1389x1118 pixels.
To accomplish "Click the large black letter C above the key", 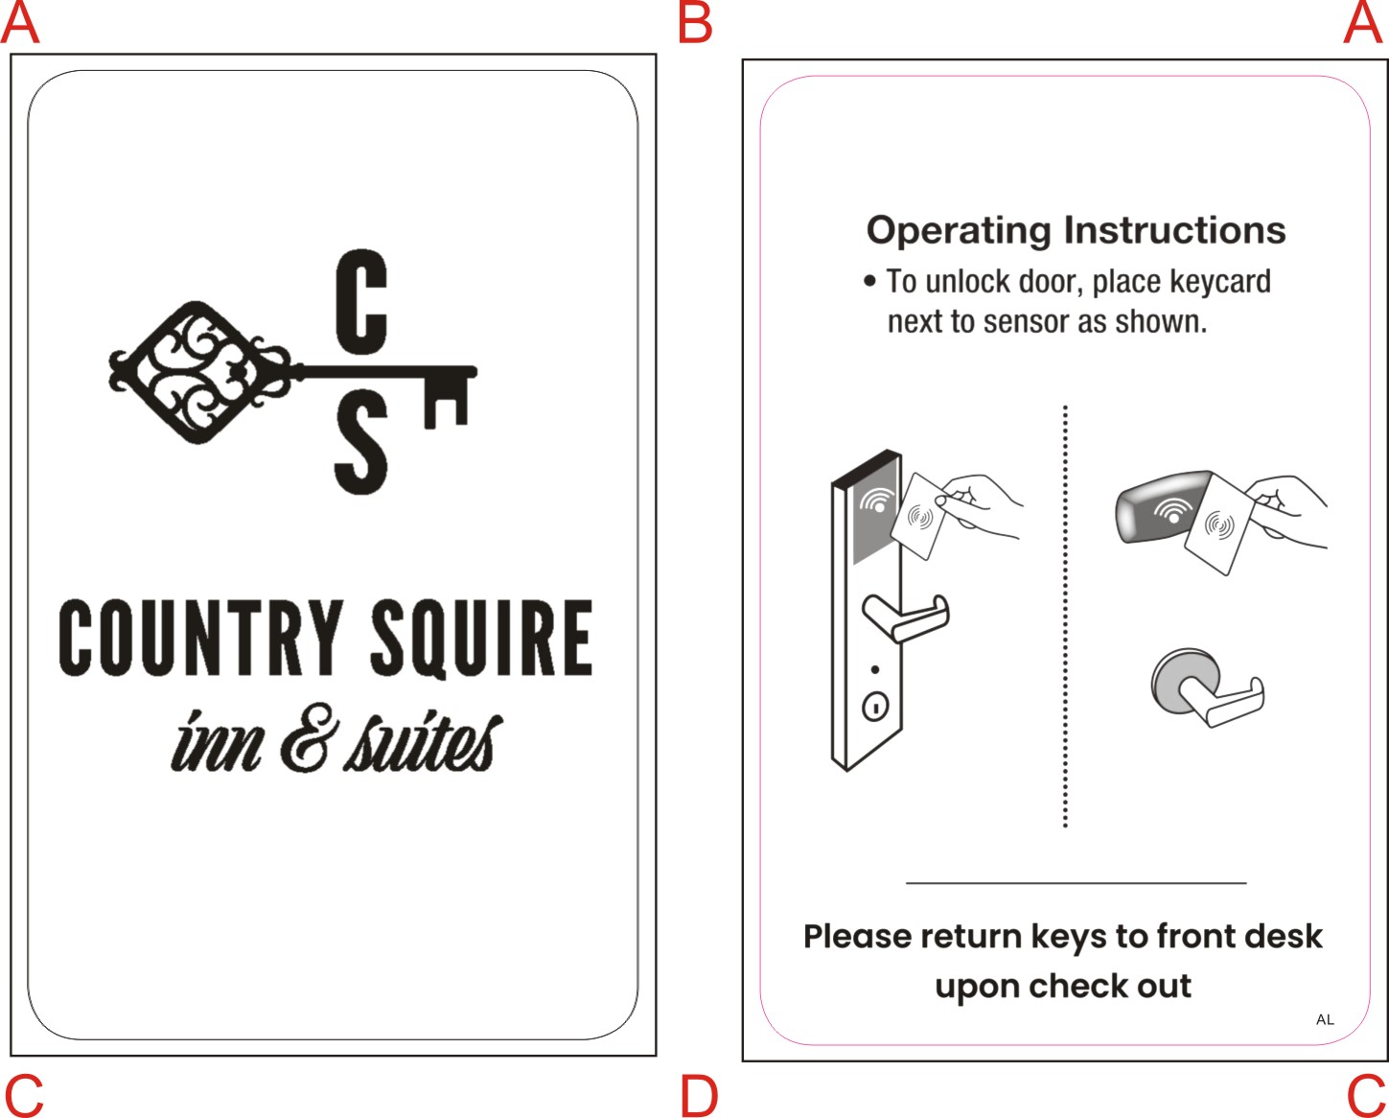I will (361, 300).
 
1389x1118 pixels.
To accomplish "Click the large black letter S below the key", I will (360, 448).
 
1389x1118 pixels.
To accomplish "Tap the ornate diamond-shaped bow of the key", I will (198, 372).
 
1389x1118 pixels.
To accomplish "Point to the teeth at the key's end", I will (446, 401).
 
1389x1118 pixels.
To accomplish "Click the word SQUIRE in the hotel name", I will (481, 638).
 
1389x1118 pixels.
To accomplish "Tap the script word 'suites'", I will (422, 743).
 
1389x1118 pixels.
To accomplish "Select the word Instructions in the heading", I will (1174, 230).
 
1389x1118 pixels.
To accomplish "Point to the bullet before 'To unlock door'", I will (869, 282).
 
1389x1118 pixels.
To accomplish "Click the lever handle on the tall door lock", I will (906, 617).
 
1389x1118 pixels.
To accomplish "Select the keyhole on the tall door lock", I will (875, 707).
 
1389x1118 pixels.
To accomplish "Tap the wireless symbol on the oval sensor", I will (1169, 509).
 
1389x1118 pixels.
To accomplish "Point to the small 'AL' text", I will (1325, 1019).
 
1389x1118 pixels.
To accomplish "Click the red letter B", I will (695, 23).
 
